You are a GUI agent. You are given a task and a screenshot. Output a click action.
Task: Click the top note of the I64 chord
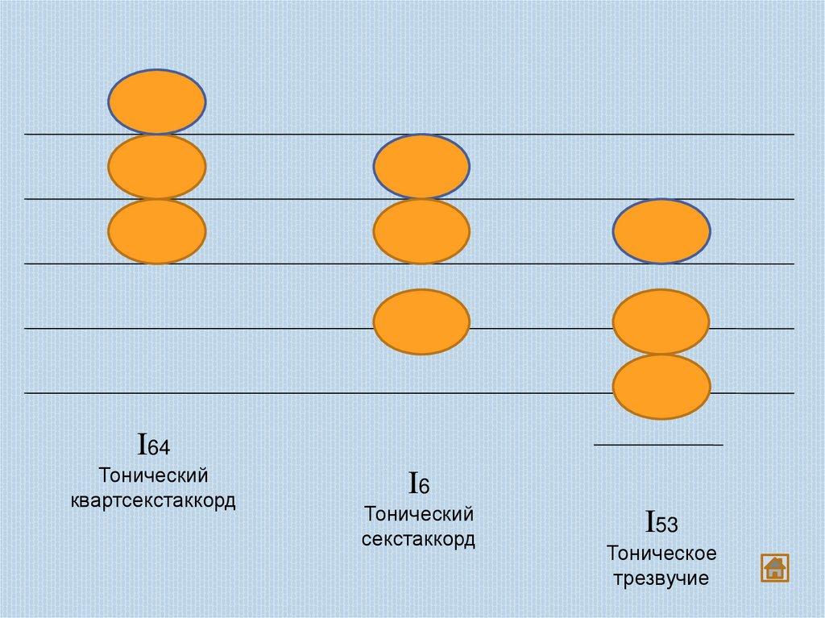[x=157, y=102]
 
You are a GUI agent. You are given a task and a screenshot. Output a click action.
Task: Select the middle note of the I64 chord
[x=157, y=167]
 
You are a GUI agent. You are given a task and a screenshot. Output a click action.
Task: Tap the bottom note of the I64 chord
[x=157, y=232]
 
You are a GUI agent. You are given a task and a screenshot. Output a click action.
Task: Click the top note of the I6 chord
[x=421, y=167]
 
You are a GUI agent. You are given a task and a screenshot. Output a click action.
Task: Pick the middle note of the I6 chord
[x=421, y=232]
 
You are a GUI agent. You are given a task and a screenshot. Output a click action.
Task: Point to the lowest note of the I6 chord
[x=421, y=322]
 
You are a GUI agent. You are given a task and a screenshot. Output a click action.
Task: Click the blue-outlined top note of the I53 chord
[x=661, y=232]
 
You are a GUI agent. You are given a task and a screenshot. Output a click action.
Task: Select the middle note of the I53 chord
[x=661, y=322]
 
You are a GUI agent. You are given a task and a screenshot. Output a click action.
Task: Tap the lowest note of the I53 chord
[x=661, y=387]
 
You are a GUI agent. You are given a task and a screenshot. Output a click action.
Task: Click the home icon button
[x=774, y=567]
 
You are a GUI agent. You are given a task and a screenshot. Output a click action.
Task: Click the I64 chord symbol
[x=153, y=445]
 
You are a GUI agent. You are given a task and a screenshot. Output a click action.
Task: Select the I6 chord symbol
[x=418, y=484]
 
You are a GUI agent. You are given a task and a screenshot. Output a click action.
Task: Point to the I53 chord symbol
[x=661, y=524]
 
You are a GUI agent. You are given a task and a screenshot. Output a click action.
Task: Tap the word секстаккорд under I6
[x=418, y=539]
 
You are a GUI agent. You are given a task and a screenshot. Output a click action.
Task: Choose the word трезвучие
[x=661, y=579]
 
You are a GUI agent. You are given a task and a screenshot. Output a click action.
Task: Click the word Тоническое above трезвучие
[x=661, y=554]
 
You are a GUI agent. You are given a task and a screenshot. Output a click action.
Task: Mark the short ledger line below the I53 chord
[x=658, y=445]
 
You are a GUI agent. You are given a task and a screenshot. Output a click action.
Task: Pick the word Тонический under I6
[x=418, y=513]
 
